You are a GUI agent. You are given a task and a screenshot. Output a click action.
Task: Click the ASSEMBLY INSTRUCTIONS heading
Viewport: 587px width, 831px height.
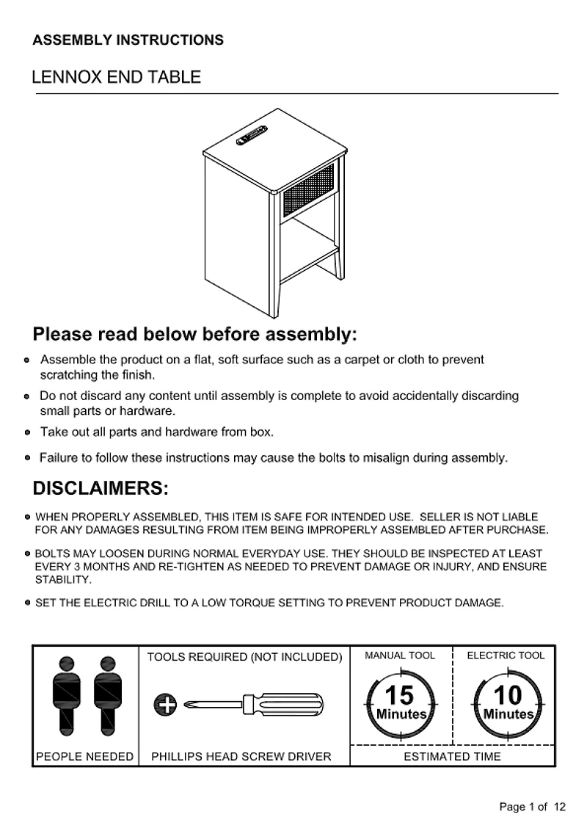coord(128,40)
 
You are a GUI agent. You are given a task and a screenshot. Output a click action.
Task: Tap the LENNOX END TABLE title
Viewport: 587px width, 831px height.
coord(116,78)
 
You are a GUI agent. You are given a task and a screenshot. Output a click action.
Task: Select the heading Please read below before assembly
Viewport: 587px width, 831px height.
coord(194,335)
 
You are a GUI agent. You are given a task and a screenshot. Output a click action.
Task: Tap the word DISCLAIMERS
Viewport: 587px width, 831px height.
coord(101,489)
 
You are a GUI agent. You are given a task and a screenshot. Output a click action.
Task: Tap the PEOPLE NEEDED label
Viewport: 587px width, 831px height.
coord(85,756)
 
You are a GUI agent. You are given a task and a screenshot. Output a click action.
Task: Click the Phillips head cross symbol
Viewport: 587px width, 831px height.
coord(166,705)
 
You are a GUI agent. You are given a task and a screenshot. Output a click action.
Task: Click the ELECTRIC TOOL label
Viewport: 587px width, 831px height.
coord(506,656)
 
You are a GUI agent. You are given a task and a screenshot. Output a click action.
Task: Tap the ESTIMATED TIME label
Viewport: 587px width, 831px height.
coord(453,756)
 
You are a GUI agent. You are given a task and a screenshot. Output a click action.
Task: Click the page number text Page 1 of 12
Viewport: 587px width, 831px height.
coord(532,807)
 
